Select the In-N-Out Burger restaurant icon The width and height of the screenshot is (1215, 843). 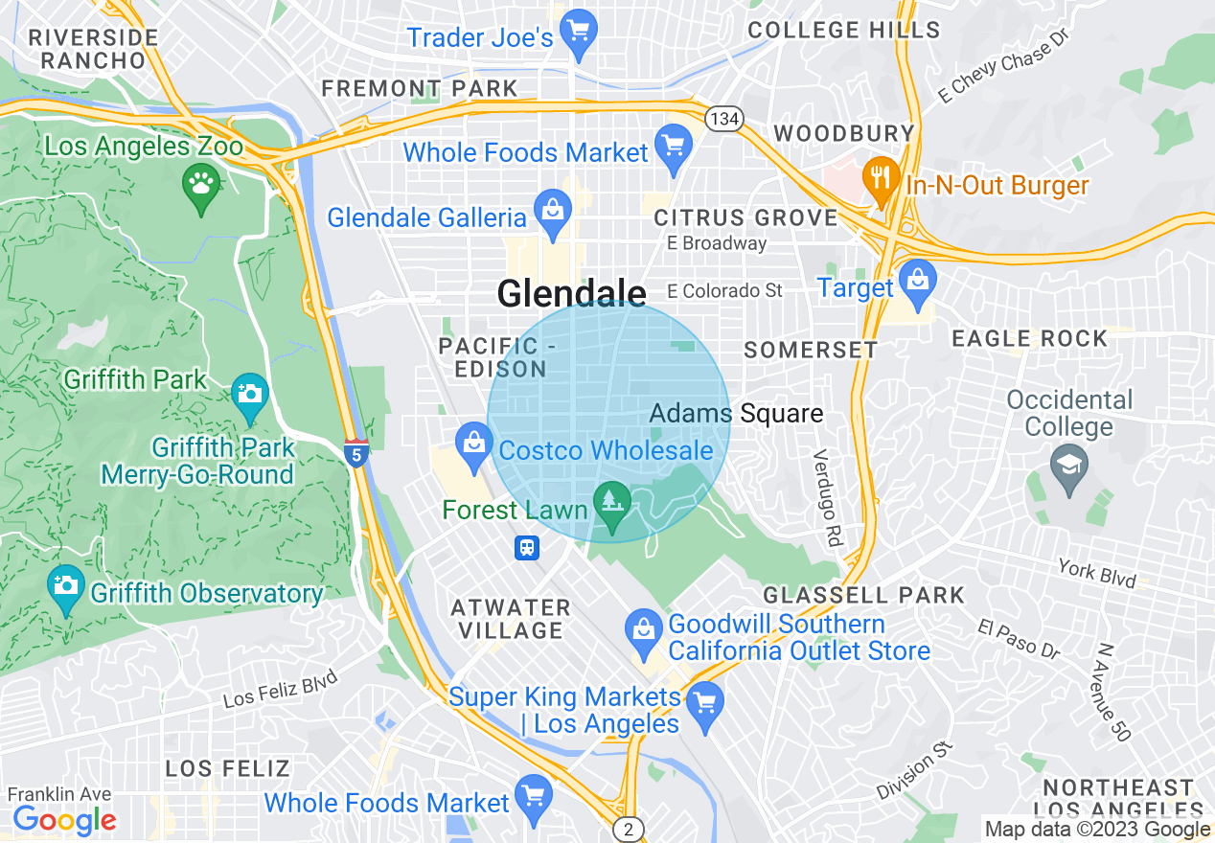(x=879, y=178)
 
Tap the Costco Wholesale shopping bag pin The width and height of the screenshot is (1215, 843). (x=473, y=444)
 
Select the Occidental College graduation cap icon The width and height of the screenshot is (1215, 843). (x=1067, y=467)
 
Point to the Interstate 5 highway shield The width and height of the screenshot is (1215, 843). (x=356, y=453)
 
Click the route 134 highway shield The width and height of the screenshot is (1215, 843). (x=722, y=119)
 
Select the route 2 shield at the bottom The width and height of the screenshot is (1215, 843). (x=627, y=829)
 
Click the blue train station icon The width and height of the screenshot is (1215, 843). (x=526, y=548)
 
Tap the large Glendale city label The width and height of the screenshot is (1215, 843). (x=571, y=293)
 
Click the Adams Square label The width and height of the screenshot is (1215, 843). (x=736, y=414)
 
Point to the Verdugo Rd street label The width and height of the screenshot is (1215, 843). (x=826, y=498)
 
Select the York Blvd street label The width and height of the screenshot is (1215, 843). (x=1097, y=573)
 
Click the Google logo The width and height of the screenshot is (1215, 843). (x=63, y=820)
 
